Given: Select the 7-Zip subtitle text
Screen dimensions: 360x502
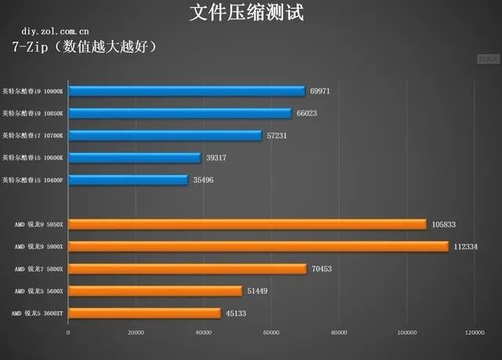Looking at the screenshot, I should [85, 47].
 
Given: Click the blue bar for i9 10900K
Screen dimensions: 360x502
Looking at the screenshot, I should [187, 91].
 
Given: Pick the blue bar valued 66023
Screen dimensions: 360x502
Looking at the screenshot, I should [180, 113].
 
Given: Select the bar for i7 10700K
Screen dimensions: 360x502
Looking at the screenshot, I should [165, 136].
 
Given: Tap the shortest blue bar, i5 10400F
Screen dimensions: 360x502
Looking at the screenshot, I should [128, 180].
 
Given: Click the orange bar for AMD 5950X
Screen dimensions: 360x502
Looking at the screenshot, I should [247, 224].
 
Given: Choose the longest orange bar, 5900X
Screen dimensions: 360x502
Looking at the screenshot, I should [258, 246].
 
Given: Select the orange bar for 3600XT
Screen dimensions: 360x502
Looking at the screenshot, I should [144, 313].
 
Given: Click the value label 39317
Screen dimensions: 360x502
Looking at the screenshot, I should [216, 158].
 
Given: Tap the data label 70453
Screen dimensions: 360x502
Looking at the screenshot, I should [322, 269].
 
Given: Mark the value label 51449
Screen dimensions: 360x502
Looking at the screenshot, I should [258, 291].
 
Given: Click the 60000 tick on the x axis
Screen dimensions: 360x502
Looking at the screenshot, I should [271, 333].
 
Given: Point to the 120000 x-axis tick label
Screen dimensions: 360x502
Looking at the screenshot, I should [474, 333].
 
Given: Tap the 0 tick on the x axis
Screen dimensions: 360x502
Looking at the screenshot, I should [68, 333].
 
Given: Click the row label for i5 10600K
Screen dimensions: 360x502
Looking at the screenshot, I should [37, 158].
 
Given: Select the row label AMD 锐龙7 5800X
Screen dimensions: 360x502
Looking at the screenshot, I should [38, 269].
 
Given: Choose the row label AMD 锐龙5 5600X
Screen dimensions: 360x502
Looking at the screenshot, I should [38, 291].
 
